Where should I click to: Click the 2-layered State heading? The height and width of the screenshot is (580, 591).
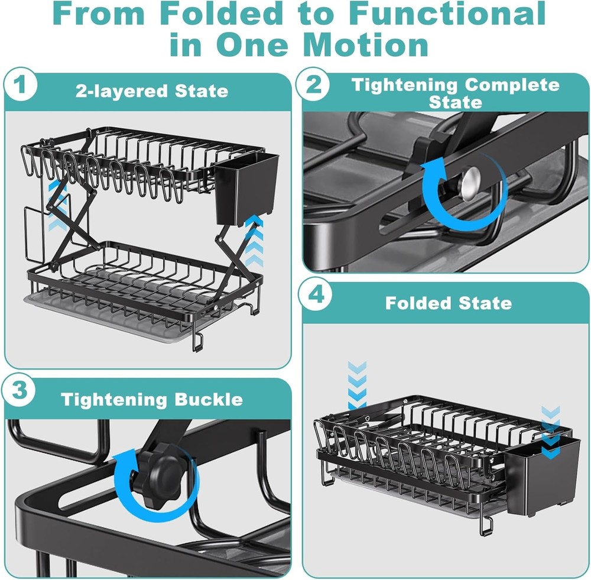click(152, 91)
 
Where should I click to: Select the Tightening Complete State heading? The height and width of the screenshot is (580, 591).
click(455, 93)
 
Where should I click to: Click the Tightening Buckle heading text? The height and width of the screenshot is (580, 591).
click(152, 399)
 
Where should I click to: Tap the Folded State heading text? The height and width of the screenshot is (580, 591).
click(449, 303)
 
